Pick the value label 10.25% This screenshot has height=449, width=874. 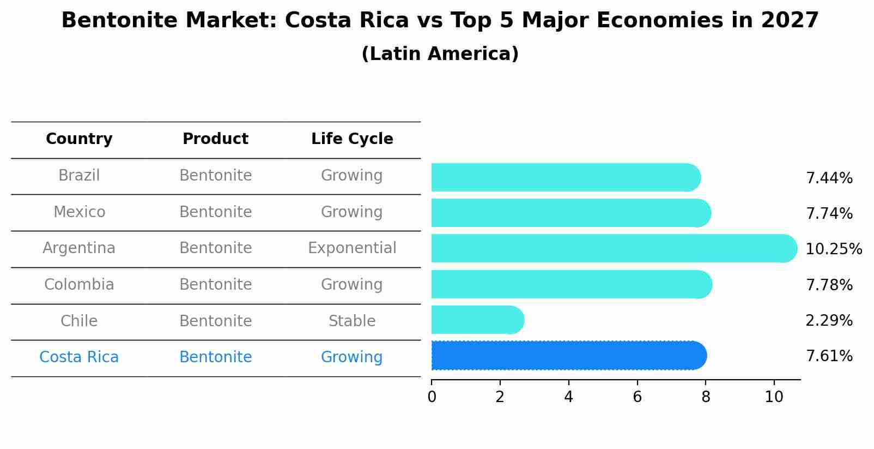tap(833, 249)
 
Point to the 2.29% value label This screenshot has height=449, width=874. tap(829, 321)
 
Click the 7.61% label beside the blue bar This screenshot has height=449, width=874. tap(829, 356)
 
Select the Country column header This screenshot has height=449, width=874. tap(79, 139)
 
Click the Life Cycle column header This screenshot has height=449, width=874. tap(352, 139)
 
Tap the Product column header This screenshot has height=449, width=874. tap(215, 139)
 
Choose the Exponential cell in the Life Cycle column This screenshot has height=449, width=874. tap(352, 248)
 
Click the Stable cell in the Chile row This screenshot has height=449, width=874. tap(352, 321)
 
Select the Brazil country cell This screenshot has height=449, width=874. tap(79, 176)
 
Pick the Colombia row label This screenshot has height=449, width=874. tap(79, 285)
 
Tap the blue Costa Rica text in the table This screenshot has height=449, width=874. tap(79, 357)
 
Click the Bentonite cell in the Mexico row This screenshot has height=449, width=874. tap(215, 212)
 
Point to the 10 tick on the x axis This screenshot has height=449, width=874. tap(774, 397)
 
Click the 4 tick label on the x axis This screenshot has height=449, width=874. tap(568, 397)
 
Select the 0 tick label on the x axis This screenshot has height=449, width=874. tap(432, 397)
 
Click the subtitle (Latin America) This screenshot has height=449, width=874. tap(440, 54)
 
